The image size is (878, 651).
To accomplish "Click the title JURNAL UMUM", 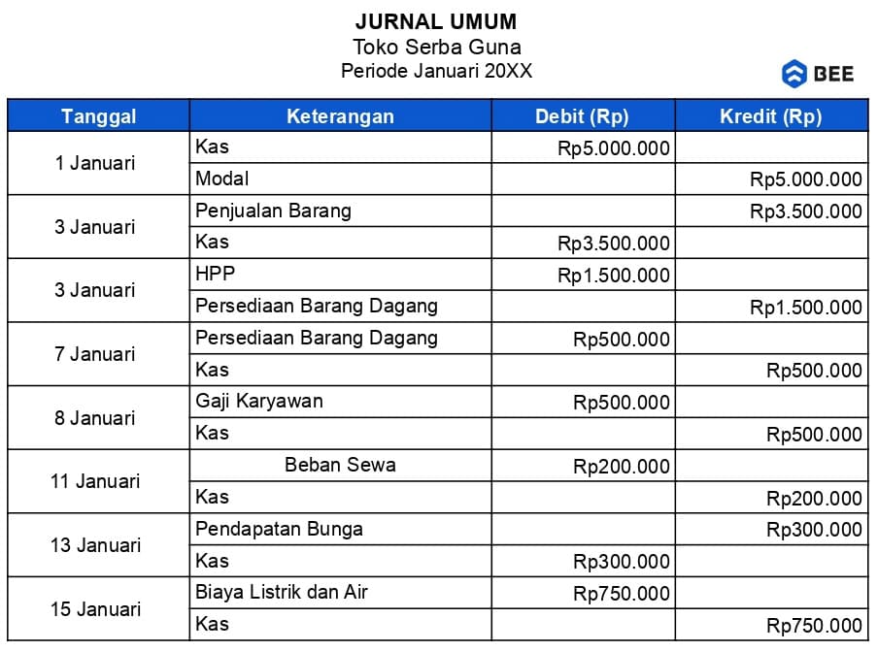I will (x=436, y=21).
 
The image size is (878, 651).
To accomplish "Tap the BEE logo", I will (x=818, y=74).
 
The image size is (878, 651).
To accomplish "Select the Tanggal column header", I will (x=98, y=116).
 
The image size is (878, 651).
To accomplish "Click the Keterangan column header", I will (x=340, y=116).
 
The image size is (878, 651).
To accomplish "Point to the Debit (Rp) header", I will (x=582, y=116).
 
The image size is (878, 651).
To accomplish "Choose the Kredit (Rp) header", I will (x=770, y=116).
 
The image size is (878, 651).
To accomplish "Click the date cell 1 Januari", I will (x=95, y=163).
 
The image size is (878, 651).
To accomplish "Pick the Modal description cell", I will (x=222, y=179).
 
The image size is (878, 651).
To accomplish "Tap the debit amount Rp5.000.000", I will (x=614, y=147).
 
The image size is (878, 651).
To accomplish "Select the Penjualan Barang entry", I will (x=273, y=211).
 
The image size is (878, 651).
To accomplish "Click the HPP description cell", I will (x=215, y=275).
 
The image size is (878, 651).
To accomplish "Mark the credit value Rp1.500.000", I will (x=805, y=308).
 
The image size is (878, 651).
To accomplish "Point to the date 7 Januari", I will (x=95, y=354).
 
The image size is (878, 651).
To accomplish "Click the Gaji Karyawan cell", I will (x=258, y=402).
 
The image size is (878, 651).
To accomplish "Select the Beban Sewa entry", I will (x=340, y=465).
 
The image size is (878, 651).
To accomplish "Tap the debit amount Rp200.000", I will (x=622, y=466).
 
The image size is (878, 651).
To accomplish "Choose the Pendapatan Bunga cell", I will (x=279, y=530).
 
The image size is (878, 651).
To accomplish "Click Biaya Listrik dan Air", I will (x=282, y=592).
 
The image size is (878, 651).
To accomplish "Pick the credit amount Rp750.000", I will (x=814, y=626).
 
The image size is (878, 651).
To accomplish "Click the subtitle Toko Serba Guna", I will (x=436, y=47).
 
